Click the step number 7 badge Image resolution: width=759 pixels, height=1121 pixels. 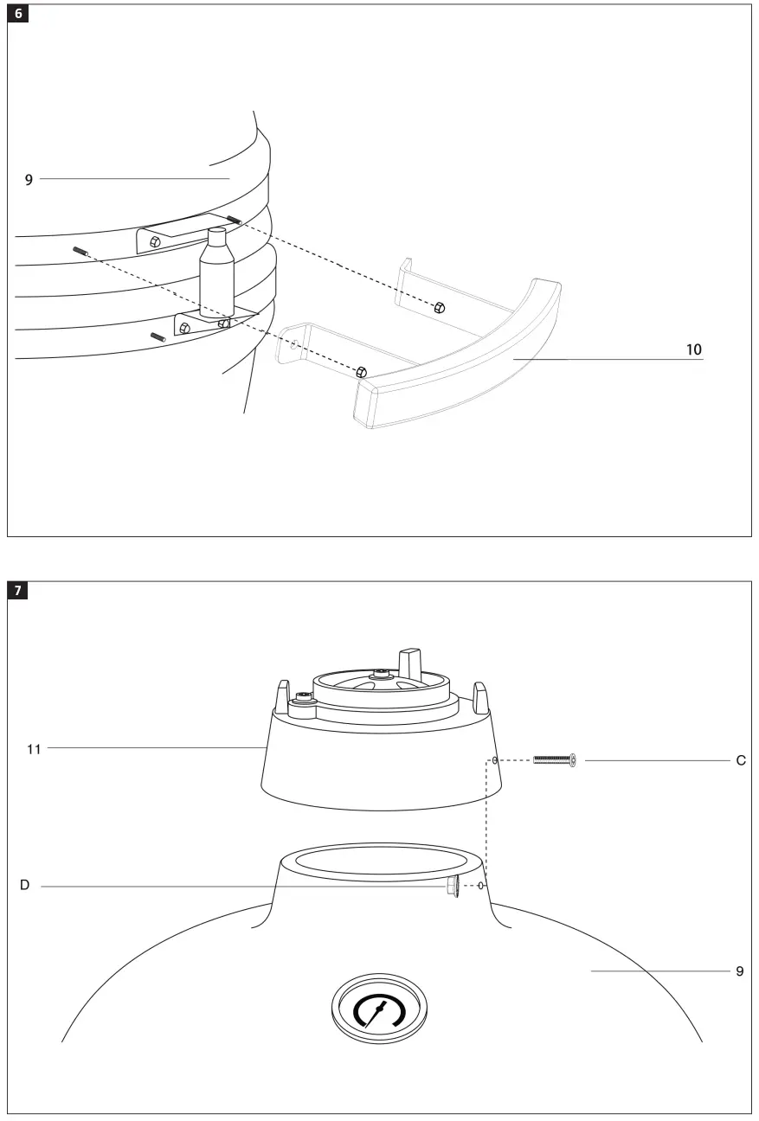19,593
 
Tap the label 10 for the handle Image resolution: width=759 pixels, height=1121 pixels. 693,349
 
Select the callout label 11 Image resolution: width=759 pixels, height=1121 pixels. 34,747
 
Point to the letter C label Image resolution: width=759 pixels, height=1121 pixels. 740,761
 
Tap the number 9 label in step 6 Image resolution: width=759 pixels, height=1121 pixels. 29,179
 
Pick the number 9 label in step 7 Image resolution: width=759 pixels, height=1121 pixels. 739,971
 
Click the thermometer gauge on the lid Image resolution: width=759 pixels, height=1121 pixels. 379,1009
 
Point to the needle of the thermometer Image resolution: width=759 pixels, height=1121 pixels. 376,1011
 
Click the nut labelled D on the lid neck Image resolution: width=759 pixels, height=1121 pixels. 451,887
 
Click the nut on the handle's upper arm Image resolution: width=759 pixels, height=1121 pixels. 439,308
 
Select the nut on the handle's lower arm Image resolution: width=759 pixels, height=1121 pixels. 361,371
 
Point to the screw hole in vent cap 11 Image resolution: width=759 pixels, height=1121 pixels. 493,761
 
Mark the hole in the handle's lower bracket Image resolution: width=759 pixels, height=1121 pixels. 294,343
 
